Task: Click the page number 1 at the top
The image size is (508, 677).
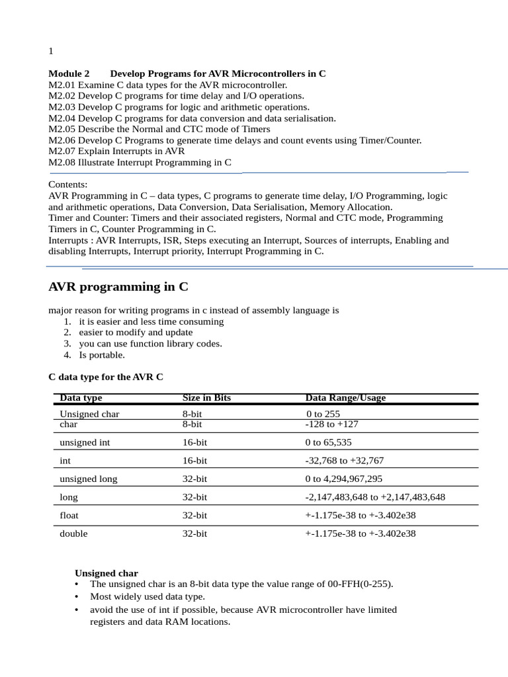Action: (51, 51)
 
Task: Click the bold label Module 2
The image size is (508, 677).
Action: (69, 74)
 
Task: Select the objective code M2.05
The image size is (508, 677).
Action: (62, 129)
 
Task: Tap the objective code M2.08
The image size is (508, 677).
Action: (62, 162)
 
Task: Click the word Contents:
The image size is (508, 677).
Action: (68, 185)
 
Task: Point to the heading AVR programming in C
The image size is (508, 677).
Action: (118, 287)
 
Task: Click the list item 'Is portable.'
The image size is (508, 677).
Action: (102, 355)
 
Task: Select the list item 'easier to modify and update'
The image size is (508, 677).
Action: (136, 333)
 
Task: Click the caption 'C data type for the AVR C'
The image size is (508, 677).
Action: (106, 377)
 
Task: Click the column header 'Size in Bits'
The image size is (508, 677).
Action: (206, 398)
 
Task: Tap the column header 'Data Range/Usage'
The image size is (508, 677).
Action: (345, 398)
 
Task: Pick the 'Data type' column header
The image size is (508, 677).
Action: (81, 398)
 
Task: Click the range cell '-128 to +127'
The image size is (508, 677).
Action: (331, 424)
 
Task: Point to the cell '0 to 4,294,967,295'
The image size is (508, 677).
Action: (343, 479)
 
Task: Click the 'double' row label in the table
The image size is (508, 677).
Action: (73, 534)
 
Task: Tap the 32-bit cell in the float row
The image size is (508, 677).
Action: (194, 515)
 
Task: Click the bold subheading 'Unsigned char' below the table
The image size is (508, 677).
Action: (106, 573)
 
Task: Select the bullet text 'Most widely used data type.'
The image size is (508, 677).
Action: (148, 596)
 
